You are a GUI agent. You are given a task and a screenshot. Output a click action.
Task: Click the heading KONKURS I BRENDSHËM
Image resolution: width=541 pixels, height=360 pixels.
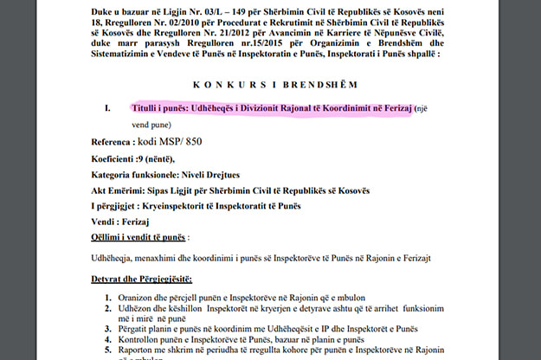coord(270,85)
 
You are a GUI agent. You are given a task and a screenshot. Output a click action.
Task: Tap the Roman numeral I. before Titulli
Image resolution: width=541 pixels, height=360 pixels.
coord(106,110)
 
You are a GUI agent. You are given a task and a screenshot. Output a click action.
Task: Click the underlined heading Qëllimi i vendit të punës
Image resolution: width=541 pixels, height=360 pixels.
coord(138,236)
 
